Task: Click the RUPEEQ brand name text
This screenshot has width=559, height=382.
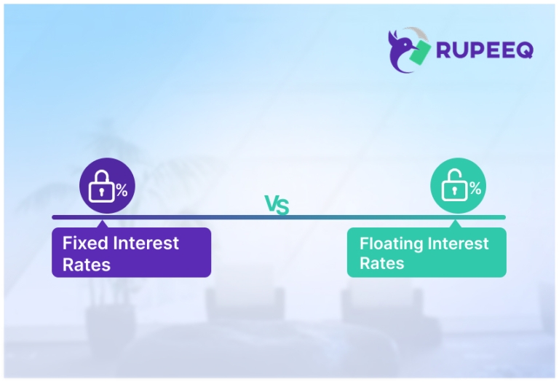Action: tap(485, 50)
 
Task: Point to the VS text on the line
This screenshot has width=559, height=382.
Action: tap(277, 206)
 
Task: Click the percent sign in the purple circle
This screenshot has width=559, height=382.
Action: tap(122, 190)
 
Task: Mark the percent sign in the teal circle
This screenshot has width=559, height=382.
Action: tap(475, 189)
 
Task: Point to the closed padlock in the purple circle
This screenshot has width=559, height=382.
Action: tap(100, 189)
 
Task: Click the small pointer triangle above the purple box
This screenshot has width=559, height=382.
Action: tap(102, 224)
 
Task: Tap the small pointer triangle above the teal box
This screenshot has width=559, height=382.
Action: tap(456, 224)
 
